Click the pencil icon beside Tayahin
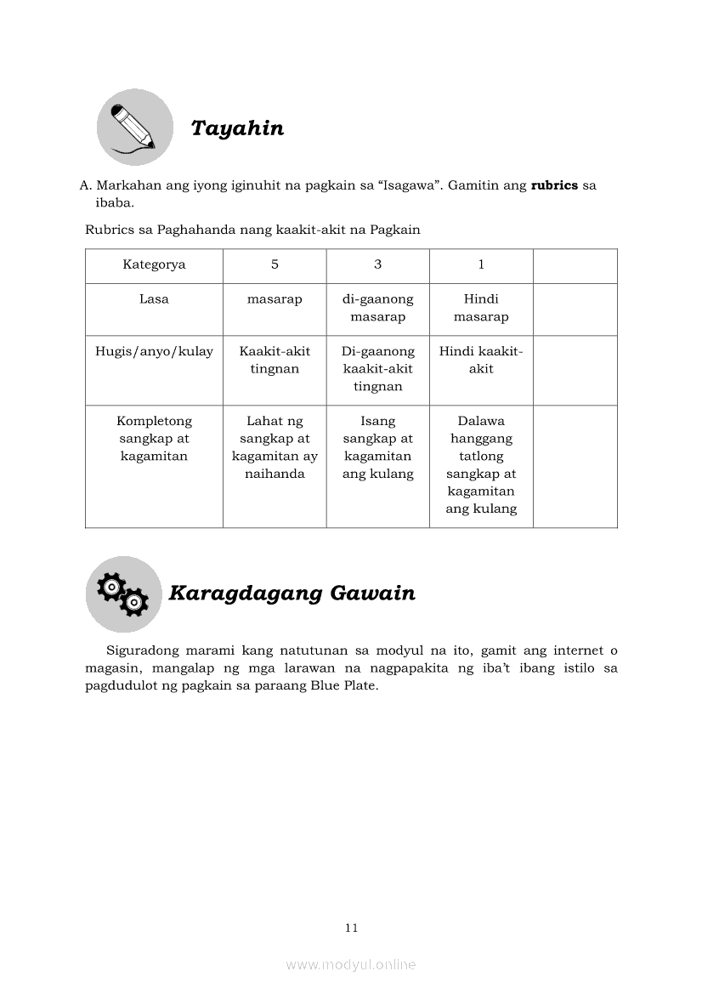[x=134, y=128]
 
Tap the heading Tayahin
[x=237, y=128]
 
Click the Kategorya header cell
[x=154, y=264]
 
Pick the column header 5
[x=275, y=264]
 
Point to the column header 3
[x=377, y=264]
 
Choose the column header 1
[x=481, y=264]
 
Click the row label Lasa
[x=154, y=299]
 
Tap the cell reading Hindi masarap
[x=481, y=308]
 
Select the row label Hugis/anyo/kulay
[x=154, y=351]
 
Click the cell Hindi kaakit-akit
[x=481, y=360]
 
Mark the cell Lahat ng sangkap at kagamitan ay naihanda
[x=275, y=447]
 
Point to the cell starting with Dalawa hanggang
[x=481, y=465]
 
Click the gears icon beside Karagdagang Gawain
[x=123, y=594]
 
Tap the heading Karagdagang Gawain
[x=292, y=594]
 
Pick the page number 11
[x=351, y=928]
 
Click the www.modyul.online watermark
[x=351, y=964]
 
